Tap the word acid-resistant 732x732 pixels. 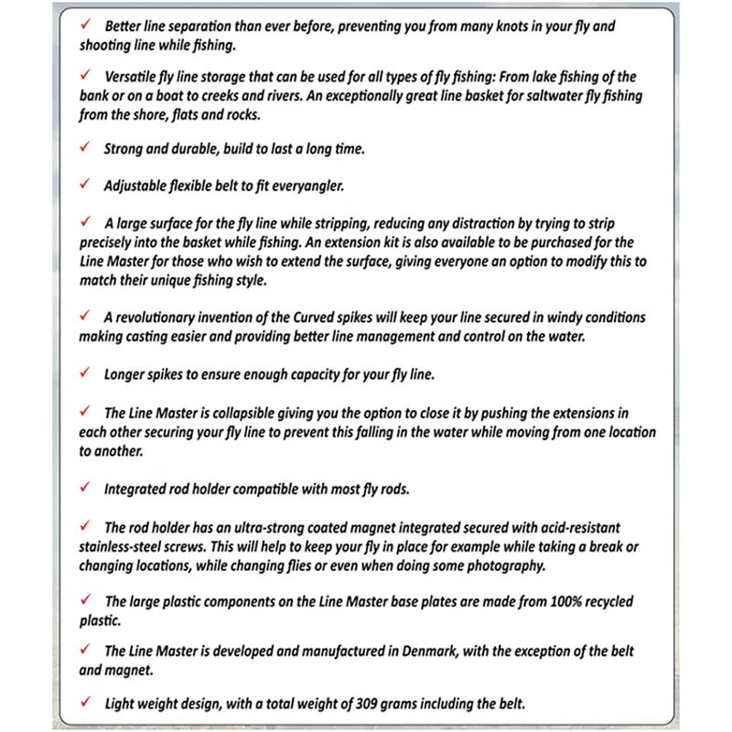coord(544,528)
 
